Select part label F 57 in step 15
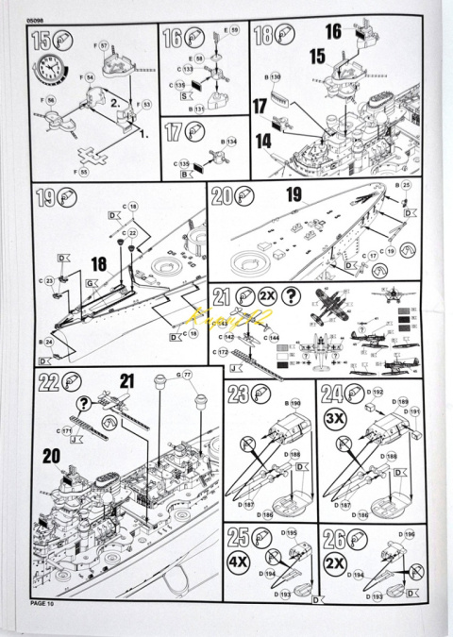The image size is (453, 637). tap(102, 44)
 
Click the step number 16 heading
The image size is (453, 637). tap(172, 39)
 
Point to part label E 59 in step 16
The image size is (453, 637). tap(231, 31)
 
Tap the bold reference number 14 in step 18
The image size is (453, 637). tap(263, 140)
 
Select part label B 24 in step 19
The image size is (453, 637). tap(47, 342)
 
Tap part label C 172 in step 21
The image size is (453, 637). tap(226, 352)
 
